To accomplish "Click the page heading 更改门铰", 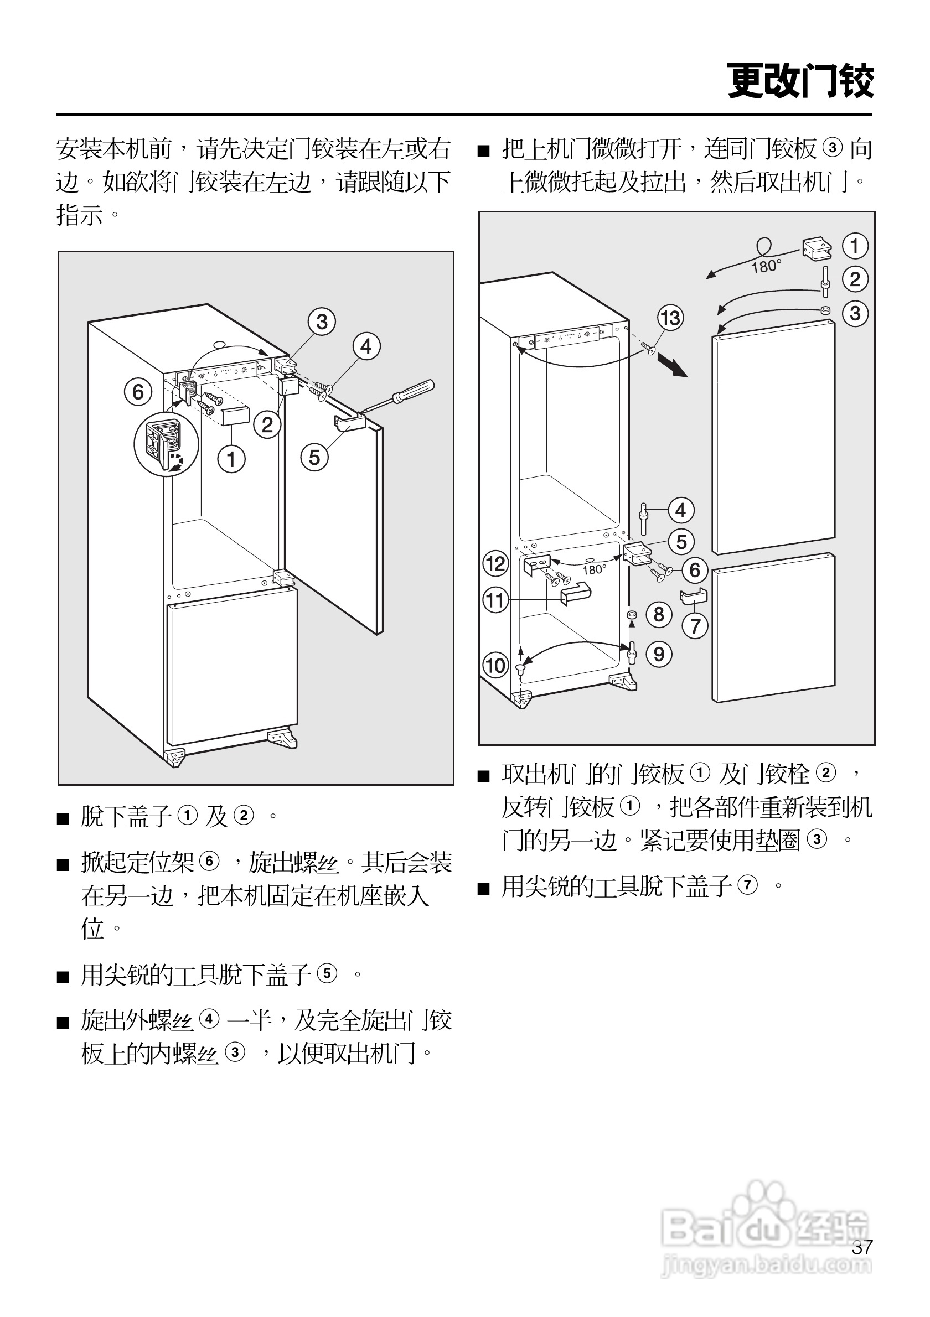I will [x=800, y=81].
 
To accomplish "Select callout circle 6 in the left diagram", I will [x=138, y=392].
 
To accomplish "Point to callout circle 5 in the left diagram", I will [x=314, y=458].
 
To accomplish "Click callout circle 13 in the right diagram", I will [x=671, y=318].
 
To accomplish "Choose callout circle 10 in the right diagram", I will [x=495, y=666].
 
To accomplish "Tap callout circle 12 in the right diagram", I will [x=495, y=564].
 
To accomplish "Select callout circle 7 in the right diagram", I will [x=695, y=626].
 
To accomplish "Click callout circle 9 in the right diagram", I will [x=659, y=655].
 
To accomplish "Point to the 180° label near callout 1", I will [x=767, y=267].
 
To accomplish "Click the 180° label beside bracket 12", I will [x=595, y=569].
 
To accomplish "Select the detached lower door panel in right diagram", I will [x=773, y=628].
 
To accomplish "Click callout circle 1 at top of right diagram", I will [x=855, y=246].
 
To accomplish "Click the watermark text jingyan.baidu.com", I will [x=767, y=1265].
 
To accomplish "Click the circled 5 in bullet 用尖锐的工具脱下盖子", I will [x=327, y=973].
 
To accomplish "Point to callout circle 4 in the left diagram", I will [x=366, y=346].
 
